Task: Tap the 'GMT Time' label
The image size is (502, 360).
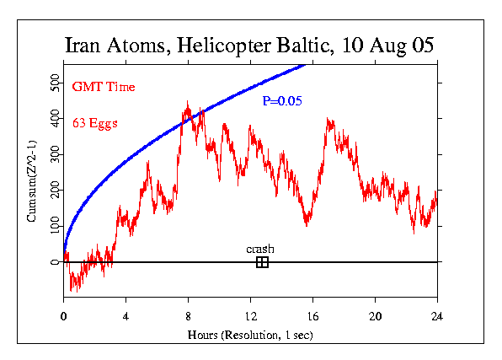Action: pyautogui.click(x=104, y=87)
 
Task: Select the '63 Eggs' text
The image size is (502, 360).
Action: pyautogui.click(x=94, y=123)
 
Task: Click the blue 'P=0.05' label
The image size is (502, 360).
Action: pyautogui.click(x=282, y=101)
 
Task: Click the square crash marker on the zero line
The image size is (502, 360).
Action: pyautogui.click(x=262, y=262)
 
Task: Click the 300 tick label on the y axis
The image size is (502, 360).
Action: pyautogui.click(x=54, y=155)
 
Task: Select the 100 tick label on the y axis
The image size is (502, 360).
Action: pyautogui.click(x=54, y=227)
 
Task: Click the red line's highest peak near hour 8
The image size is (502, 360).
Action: pyautogui.click(x=188, y=103)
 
